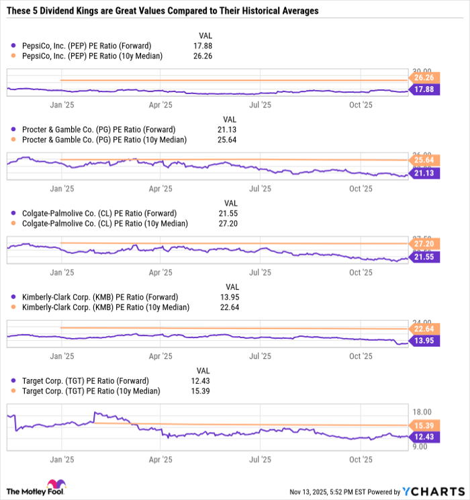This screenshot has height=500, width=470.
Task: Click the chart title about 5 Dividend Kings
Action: click(x=160, y=11)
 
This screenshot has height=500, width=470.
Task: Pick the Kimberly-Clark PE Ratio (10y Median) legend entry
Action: click(x=100, y=307)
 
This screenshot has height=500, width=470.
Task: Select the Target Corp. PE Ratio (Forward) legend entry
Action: click(x=83, y=381)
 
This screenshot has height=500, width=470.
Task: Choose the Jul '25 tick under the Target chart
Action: click(x=260, y=460)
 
